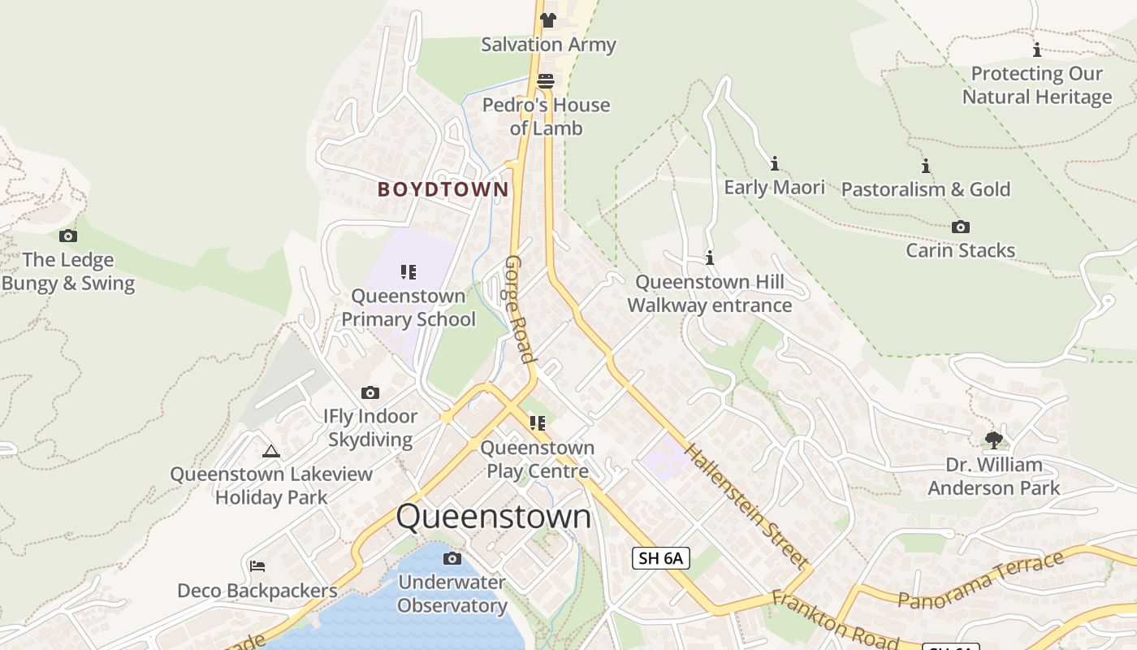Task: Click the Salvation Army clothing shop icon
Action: pos(548,20)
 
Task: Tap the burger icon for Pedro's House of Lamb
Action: pos(546,81)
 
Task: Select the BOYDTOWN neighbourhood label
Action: pos(443,189)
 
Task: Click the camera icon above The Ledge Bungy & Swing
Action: pos(68,236)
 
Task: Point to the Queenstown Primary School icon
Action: pos(408,272)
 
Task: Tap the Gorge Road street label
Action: pos(520,309)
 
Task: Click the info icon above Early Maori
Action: pos(775,163)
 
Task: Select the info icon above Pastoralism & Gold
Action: pos(926,166)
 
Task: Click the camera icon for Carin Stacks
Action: pos(961,227)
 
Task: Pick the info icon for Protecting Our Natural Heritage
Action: pos(1037,50)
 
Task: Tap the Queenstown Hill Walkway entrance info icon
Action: pos(710,258)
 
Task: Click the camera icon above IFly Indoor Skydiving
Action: pos(370,393)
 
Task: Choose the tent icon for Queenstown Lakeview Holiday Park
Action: pos(271,451)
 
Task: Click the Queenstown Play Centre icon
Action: pos(537,423)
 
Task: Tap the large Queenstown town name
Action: pos(494,517)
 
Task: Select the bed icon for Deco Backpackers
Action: pos(257,566)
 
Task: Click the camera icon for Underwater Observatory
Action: pos(452,559)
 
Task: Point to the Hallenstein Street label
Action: pos(747,505)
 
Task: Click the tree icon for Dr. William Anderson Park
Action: pos(993,440)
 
